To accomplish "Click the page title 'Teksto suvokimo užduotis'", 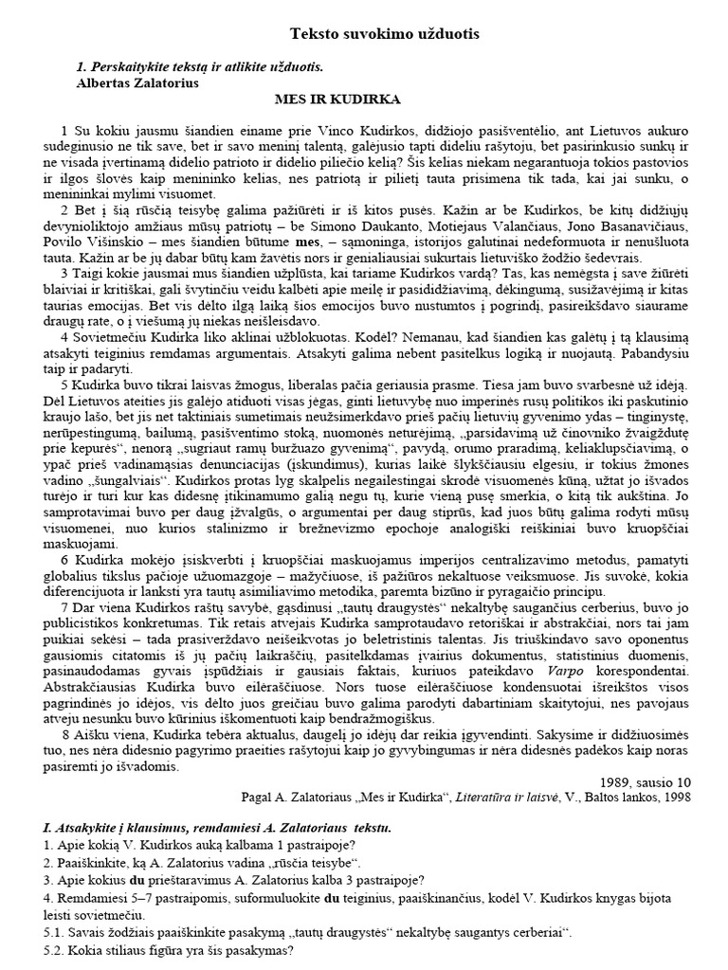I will coord(385,34).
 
